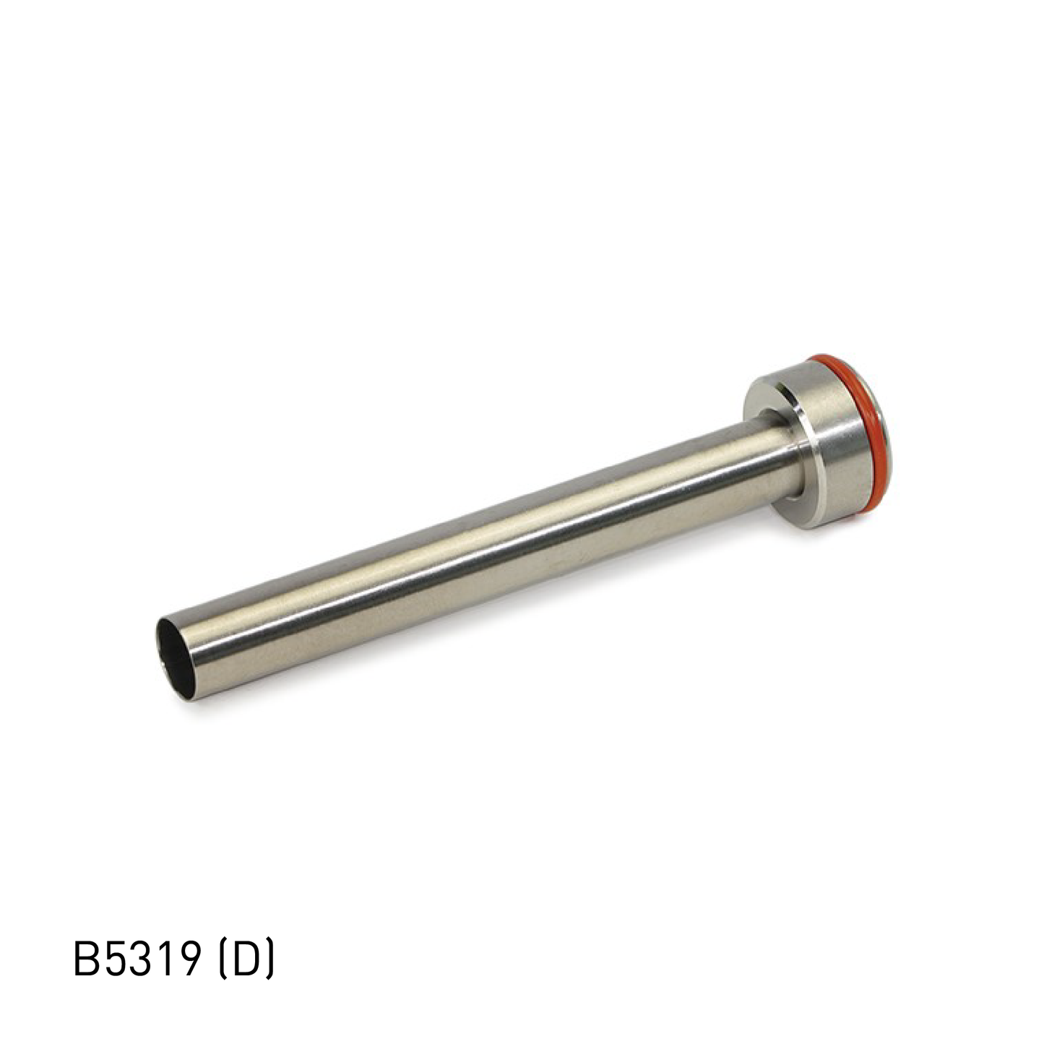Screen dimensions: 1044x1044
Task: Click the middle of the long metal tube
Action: [x=477, y=553]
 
